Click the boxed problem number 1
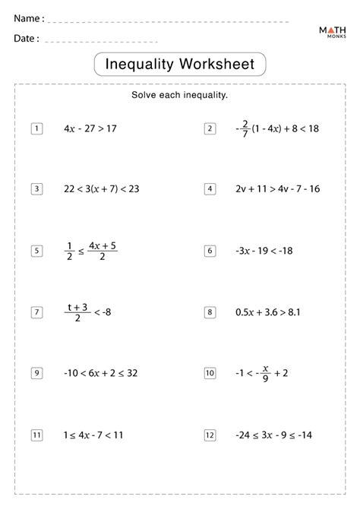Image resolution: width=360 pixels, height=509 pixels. click(x=36, y=128)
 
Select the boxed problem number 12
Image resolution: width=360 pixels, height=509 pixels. click(x=210, y=435)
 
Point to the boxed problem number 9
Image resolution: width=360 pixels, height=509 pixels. click(x=36, y=372)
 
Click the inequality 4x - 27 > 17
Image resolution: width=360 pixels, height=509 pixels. click(x=90, y=128)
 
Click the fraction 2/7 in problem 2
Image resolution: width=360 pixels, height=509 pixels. click(x=245, y=128)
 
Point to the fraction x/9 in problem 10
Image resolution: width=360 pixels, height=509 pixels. click(x=265, y=372)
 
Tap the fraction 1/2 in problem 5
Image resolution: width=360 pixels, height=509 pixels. click(x=70, y=250)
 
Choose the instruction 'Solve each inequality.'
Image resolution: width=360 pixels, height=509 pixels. click(x=180, y=96)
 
